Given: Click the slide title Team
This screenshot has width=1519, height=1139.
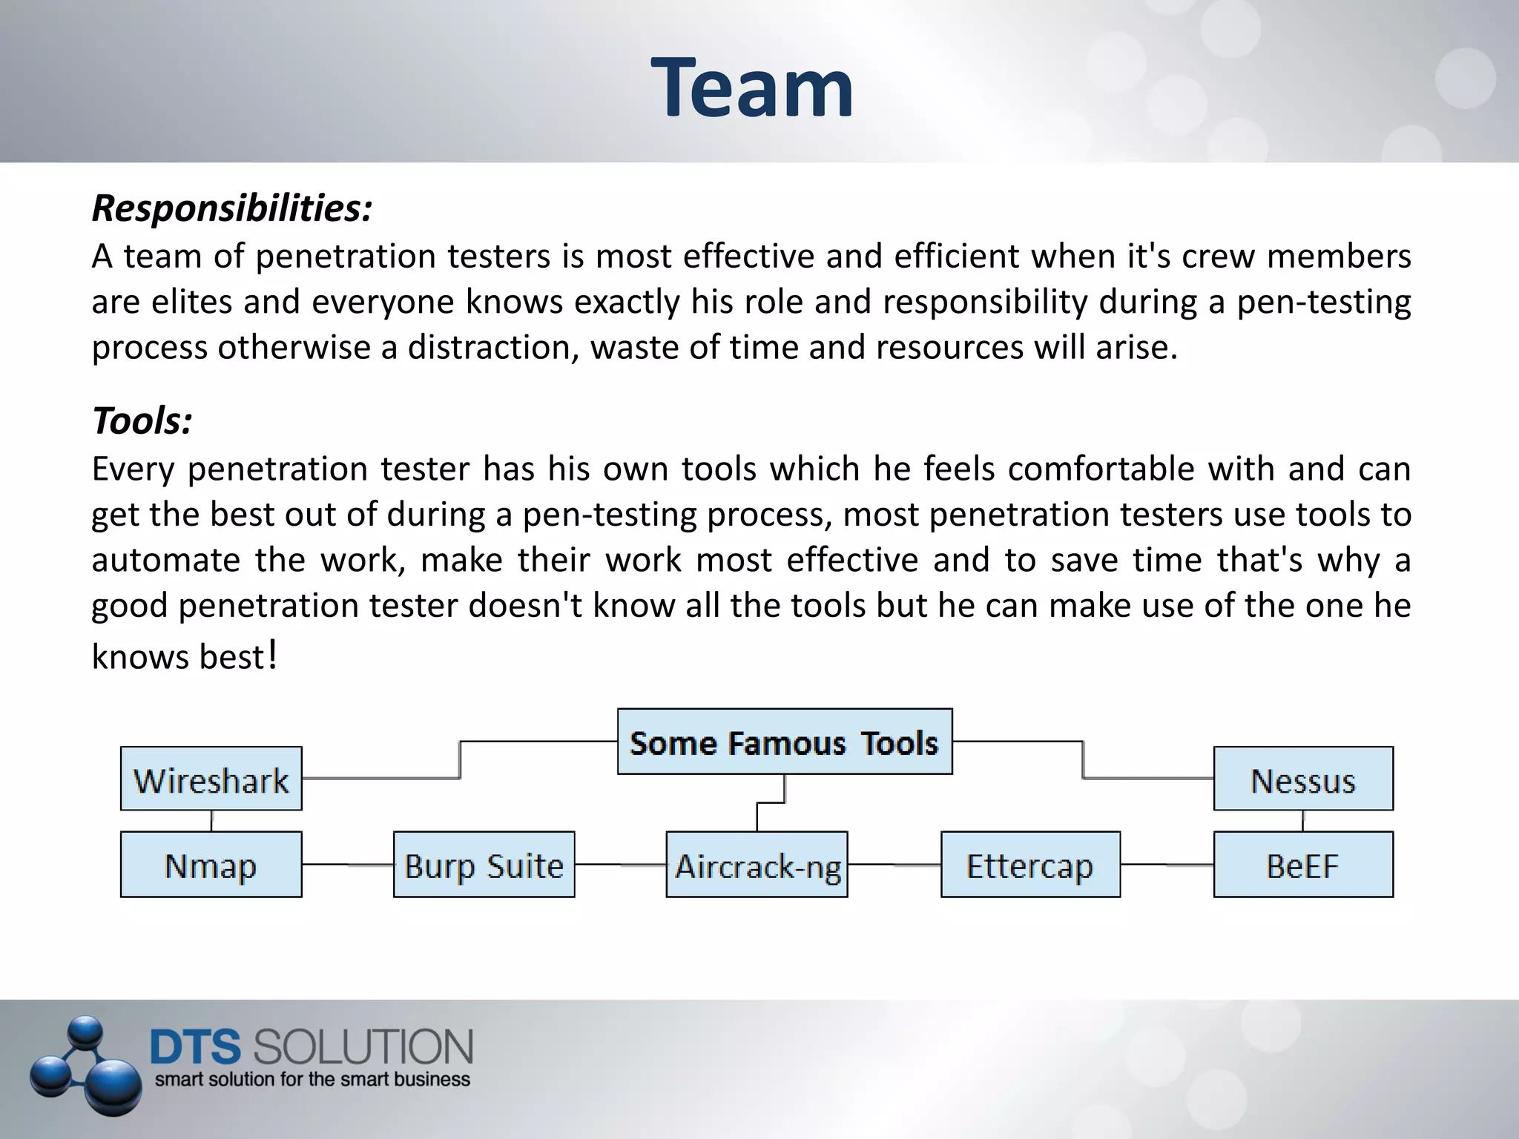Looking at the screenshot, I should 752,88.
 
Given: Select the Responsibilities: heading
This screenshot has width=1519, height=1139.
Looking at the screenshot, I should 231,208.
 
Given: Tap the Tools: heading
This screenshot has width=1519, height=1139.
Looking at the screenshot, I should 142,420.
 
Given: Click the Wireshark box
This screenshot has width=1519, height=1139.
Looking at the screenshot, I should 211,779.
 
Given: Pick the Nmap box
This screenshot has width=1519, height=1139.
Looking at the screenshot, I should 211,865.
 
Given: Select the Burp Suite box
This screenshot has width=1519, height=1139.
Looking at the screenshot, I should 484,865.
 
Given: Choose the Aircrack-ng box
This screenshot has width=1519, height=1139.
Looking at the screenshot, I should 757,865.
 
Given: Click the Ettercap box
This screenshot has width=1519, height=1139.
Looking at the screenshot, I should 1030,865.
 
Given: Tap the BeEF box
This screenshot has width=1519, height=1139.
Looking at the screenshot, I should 1303,865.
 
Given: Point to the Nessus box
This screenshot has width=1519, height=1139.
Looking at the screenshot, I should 1303,779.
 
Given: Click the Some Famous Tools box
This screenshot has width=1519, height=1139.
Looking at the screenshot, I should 785,742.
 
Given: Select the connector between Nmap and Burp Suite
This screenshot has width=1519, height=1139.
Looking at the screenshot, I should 347,865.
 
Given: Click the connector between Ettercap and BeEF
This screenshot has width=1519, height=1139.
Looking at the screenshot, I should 1167,865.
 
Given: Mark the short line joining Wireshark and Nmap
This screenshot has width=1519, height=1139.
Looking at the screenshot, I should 212,821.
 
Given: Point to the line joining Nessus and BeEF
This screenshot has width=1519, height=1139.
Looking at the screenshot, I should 1303,821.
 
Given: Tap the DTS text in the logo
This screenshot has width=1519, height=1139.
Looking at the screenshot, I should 195,1047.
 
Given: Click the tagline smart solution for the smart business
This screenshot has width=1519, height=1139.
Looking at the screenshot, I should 312,1080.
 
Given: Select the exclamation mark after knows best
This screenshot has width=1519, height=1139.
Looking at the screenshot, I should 272,654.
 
